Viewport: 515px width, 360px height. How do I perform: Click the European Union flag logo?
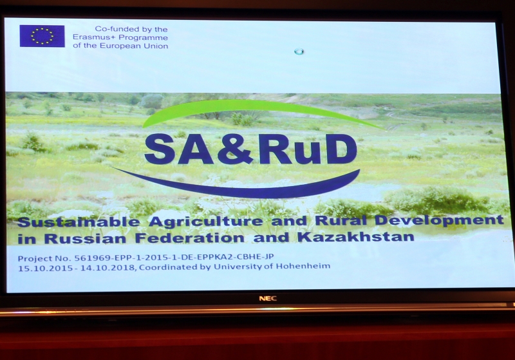coord(42,36)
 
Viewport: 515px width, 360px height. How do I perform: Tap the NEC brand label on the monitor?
coord(268,299)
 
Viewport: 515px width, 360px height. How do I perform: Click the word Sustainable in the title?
coord(79,222)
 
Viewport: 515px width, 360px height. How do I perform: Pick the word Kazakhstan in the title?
coord(356,237)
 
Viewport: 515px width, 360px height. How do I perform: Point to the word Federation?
coord(190,238)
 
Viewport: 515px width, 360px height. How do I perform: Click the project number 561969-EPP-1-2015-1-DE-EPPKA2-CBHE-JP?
coord(174,257)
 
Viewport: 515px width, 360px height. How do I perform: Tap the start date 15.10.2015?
coord(45,269)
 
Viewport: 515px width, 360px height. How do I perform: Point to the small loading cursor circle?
coord(299,52)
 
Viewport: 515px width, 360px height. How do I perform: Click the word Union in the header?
coord(157,46)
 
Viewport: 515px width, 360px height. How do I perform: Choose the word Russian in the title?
coord(86,239)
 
